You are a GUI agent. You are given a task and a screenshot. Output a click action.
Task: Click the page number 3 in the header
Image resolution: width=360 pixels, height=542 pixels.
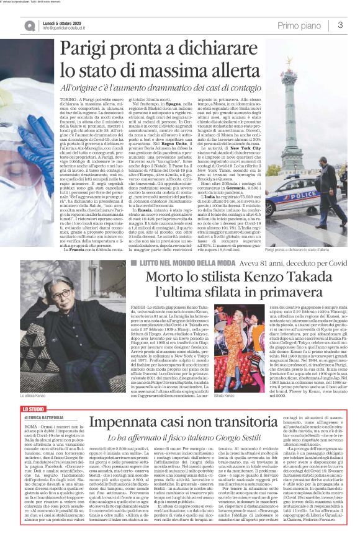(341, 25)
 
